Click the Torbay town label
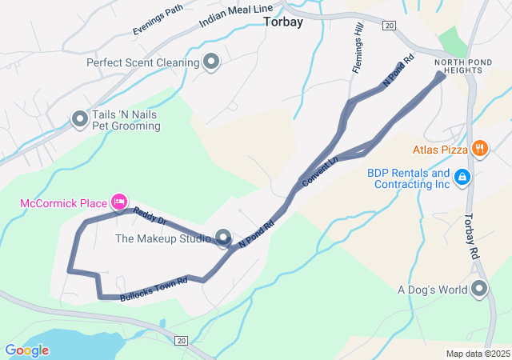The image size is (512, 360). [283, 22]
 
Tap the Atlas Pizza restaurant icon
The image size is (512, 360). [480, 148]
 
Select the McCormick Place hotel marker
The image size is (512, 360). [119, 202]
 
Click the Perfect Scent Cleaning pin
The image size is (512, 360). [211, 62]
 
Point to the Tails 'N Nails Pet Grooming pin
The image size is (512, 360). [80, 120]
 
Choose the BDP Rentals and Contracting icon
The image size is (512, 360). [462, 177]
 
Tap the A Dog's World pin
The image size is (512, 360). [479, 289]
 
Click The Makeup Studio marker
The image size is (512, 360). [223, 238]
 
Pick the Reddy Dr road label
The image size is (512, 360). [149, 215]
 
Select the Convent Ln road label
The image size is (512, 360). [321, 173]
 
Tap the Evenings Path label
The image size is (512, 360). [158, 19]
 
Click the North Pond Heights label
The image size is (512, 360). [458, 66]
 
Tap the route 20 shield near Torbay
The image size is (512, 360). [389, 26]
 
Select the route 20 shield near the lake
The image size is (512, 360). [182, 342]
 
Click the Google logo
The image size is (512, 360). [26, 350]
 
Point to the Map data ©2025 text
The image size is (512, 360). [477, 354]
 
